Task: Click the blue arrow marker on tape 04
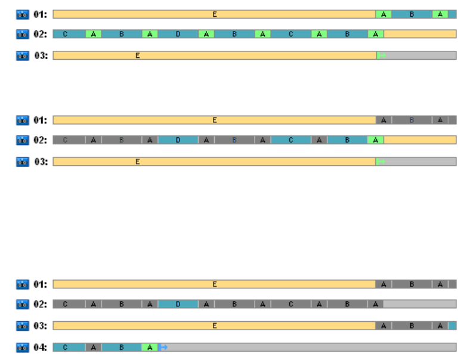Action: [x=163, y=347]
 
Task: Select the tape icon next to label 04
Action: [x=23, y=347]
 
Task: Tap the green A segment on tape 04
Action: [x=150, y=347]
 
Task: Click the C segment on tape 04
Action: [x=65, y=347]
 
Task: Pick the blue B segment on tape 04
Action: [x=121, y=347]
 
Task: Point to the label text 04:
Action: [x=40, y=347]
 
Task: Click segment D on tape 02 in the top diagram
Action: [x=178, y=34]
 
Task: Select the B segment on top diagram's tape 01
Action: [x=412, y=14]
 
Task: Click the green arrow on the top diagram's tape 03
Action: [x=382, y=56]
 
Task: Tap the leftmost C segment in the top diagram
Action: [x=65, y=34]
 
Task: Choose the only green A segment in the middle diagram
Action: [x=376, y=140]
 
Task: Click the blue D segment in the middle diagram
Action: [x=178, y=140]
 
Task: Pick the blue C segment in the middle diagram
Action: [x=291, y=140]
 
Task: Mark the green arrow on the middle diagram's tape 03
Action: [x=382, y=161]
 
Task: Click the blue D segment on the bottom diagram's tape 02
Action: [x=178, y=304]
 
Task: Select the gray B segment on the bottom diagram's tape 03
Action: [x=412, y=325]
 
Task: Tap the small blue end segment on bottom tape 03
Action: [x=452, y=325]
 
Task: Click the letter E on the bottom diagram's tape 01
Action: [x=215, y=284]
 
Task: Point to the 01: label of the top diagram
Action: [x=40, y=14]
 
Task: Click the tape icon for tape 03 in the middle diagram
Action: [x=23, y=161]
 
